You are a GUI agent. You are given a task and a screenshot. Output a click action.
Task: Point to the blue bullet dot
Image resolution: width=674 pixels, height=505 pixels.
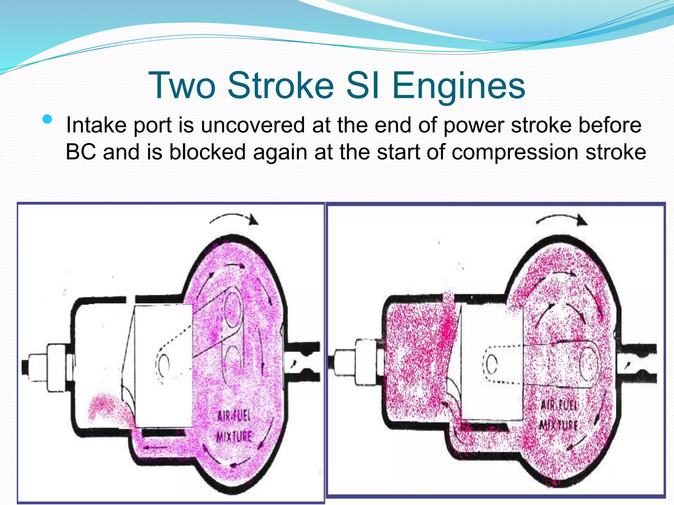[x=47, y=119]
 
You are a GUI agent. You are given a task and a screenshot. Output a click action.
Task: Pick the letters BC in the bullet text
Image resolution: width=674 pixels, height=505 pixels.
[x=81, y=152]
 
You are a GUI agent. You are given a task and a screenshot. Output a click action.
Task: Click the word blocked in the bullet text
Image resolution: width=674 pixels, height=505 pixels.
[x=207, y=152]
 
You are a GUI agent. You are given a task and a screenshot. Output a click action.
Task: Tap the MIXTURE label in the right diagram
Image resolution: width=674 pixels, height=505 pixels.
[x=558, y=425]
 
